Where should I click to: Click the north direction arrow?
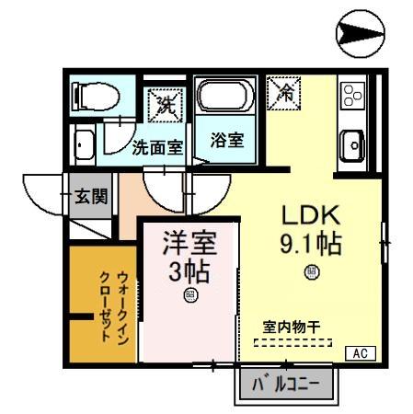tap(364, 34)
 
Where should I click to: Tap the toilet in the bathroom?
tap(91, 96)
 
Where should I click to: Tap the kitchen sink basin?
tap(352, 143)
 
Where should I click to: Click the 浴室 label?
tap(226, 141)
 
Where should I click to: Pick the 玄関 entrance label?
tap(91, 196)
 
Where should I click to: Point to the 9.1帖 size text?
tap(311, 245)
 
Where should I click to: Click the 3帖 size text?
tap(189, 272)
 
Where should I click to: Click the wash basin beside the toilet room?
tap(84, 146)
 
